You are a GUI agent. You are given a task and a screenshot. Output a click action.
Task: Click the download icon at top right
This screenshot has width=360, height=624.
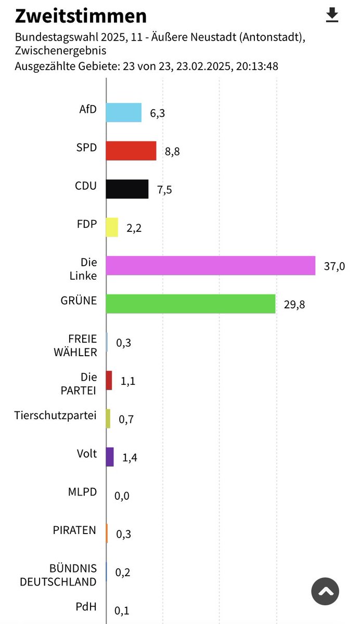(331, 16)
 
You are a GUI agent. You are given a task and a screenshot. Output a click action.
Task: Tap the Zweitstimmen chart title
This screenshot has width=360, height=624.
(81, 16)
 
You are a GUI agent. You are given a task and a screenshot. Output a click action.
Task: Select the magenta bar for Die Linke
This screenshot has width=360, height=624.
(210, 265)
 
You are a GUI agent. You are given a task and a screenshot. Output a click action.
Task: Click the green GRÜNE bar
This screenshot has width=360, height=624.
(190, 304)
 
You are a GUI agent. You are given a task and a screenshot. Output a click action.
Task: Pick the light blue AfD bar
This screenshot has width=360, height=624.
(123, 112)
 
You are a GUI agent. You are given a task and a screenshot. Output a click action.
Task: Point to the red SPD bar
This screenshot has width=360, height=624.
(131, 151)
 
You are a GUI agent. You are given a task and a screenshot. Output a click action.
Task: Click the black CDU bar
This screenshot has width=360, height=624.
(127, 189)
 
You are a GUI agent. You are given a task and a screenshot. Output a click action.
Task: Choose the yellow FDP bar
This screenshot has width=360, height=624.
(112, 227)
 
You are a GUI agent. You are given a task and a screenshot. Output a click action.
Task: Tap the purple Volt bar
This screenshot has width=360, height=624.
(110, 457)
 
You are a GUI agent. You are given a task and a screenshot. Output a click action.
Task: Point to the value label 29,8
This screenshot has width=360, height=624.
(294, 305)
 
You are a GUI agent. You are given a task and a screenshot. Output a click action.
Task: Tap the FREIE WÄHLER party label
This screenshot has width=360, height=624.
(75, 345)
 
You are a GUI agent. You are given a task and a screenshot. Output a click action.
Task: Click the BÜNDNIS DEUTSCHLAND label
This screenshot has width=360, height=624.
(58, 575)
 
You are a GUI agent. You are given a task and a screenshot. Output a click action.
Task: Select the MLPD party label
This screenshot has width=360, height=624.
(82, 492)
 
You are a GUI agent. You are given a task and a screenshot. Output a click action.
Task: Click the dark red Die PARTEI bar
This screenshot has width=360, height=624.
(109, 380)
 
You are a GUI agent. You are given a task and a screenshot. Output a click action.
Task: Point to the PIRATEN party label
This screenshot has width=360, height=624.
(74, 530)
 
